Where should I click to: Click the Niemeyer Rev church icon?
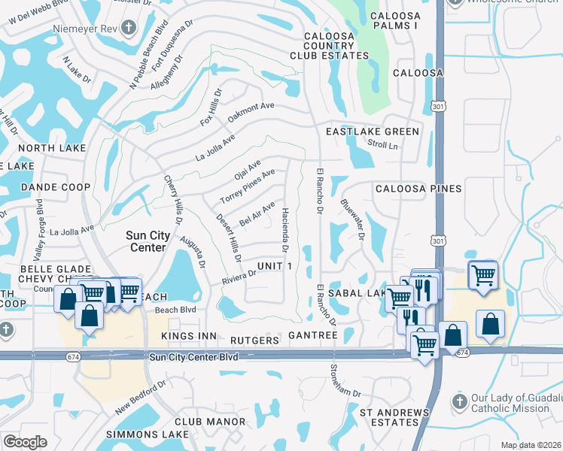pos(128,29)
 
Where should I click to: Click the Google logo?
pos(25,442)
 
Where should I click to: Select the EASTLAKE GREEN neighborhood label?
pos(372,132)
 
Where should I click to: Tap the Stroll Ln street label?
pos(382,144)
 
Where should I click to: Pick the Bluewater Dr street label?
pos(352,219)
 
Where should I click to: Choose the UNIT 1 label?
pos(273,267)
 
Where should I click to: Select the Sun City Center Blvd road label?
pos(193,357)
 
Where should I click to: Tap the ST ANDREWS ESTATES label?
pos(394,417)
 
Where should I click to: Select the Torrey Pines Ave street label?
pos(247,186)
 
